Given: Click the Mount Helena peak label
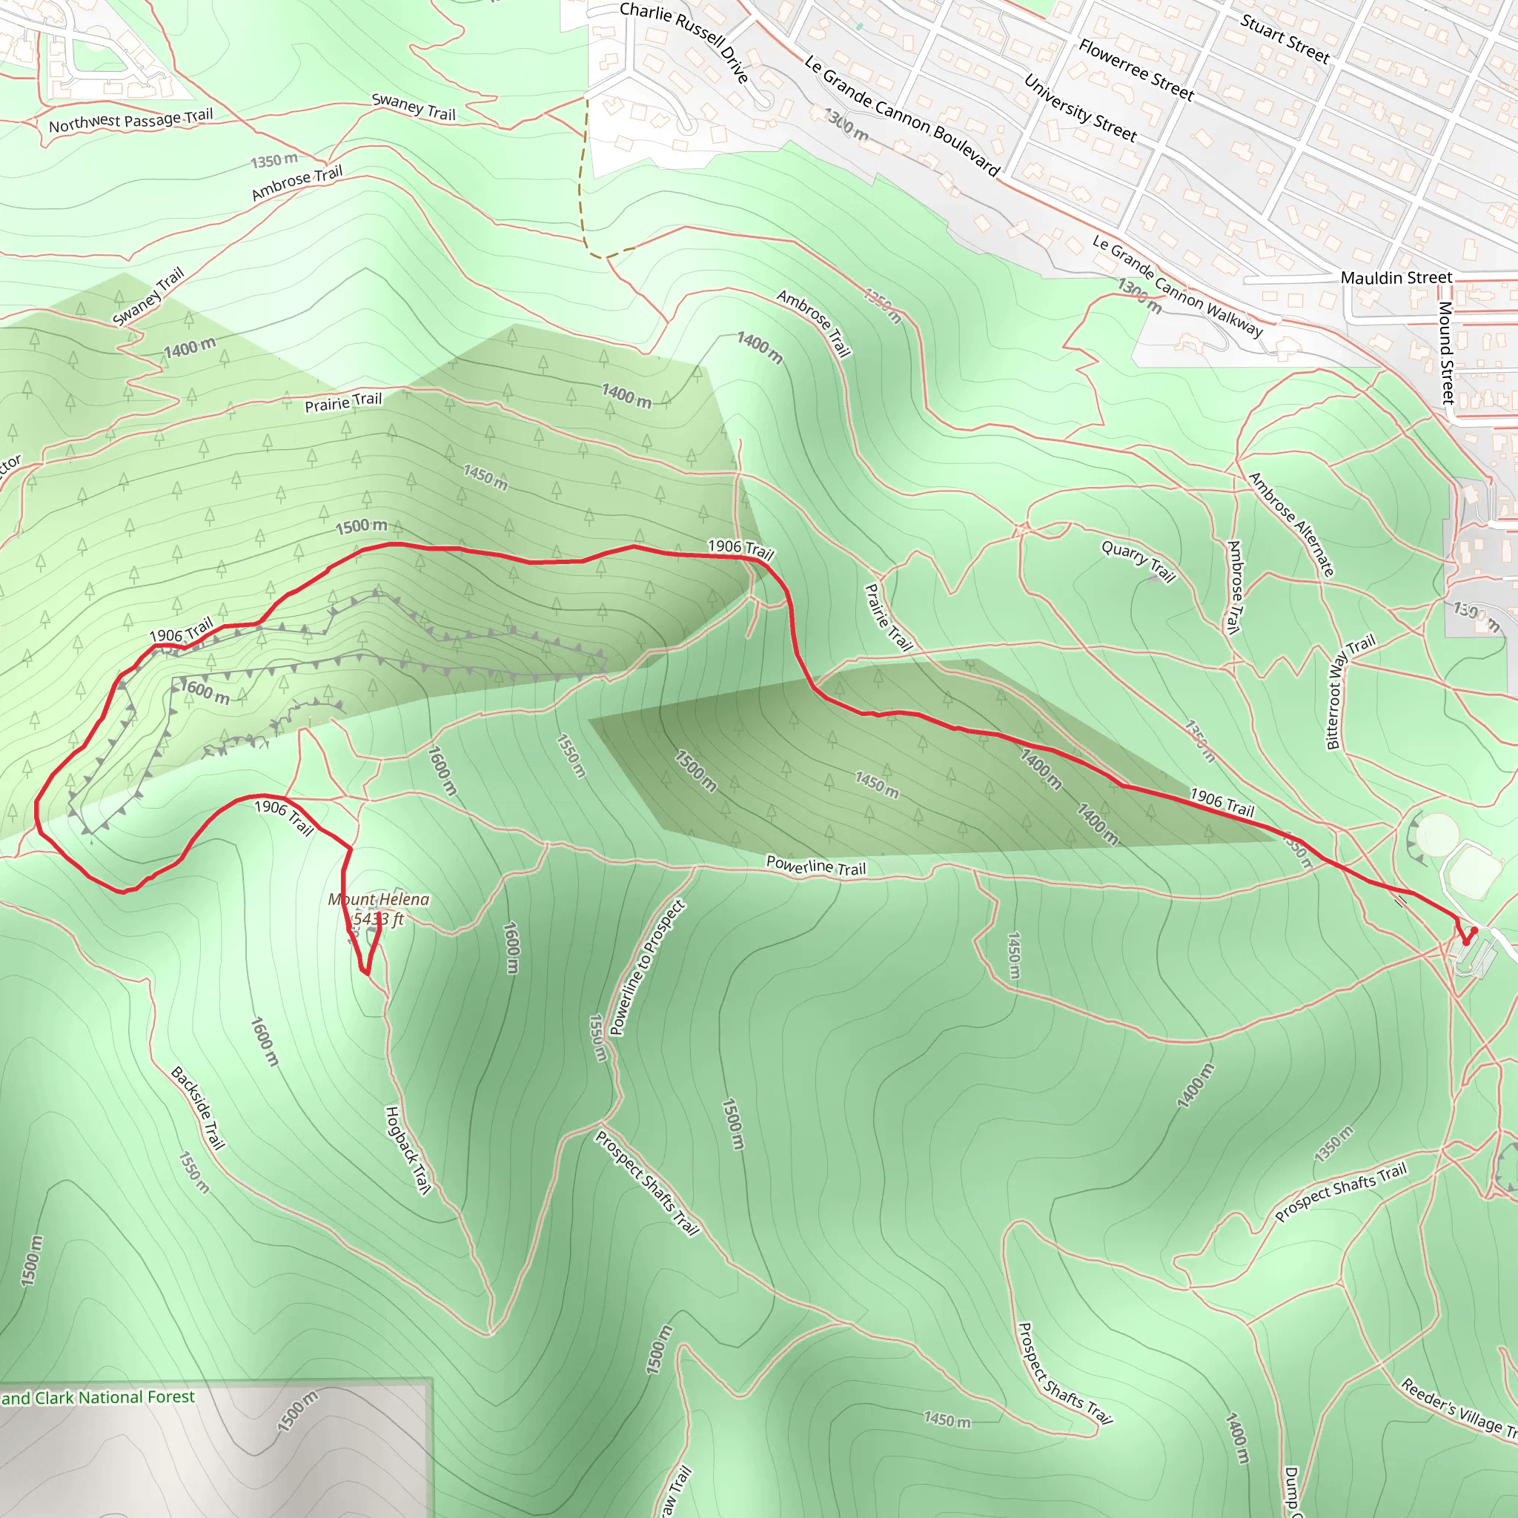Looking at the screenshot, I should point(379,909).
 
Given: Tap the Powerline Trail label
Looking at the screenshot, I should point(815,866).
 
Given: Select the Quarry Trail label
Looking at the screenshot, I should point(1138,561).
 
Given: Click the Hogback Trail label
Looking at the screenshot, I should point(408,1150).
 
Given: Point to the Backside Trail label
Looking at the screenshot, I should point(198,1108).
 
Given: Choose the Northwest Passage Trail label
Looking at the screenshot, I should point(131,120).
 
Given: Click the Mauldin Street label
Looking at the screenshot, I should point(1396,278).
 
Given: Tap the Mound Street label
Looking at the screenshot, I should point(1447,353).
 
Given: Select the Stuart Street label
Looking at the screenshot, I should point(1285,39).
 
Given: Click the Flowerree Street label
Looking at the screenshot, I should point(1136,70).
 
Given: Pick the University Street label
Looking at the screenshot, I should point(1081,107).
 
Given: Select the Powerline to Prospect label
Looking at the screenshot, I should point(647,968).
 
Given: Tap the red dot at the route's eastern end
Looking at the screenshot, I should point(1474,930).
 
